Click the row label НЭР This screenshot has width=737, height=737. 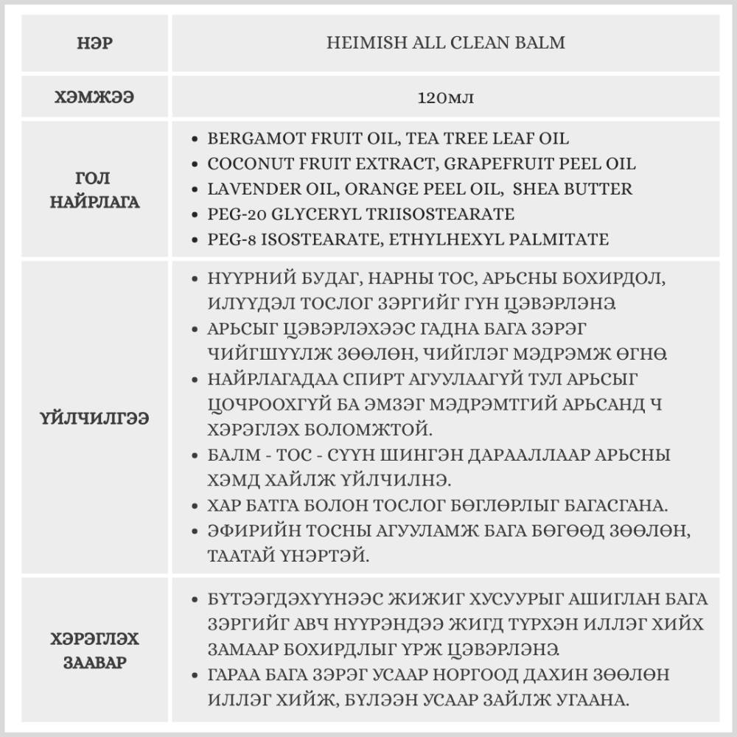(x=94, y=43)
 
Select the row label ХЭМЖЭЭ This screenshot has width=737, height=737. (x=94, y=97)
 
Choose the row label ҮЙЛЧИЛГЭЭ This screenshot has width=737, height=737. (x=94, y=419)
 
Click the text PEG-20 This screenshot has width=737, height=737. (x=233, y=214)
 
